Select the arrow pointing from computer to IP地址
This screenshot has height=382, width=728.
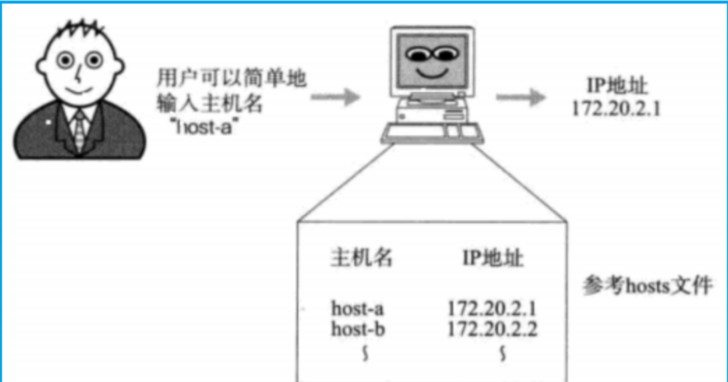[521, 97]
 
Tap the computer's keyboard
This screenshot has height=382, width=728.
[432, 133]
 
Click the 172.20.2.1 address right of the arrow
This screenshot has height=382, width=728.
[616, 109]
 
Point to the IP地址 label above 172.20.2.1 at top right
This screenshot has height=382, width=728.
[617, 86]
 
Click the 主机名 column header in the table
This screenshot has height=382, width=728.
[362, 257]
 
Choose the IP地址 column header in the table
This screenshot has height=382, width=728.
[493, 258]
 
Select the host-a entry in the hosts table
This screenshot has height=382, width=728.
[357, 309]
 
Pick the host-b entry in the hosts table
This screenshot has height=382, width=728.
[358, 329]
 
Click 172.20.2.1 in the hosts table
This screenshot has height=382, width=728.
[492, 309]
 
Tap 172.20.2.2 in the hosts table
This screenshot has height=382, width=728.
[492, 329]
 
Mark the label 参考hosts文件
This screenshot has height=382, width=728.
[647, 286]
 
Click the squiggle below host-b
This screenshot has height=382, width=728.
[365, 354]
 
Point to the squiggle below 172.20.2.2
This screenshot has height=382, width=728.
[503, 354]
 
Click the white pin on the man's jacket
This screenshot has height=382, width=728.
[49, 122]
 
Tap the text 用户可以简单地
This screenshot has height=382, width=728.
[231, 78]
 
